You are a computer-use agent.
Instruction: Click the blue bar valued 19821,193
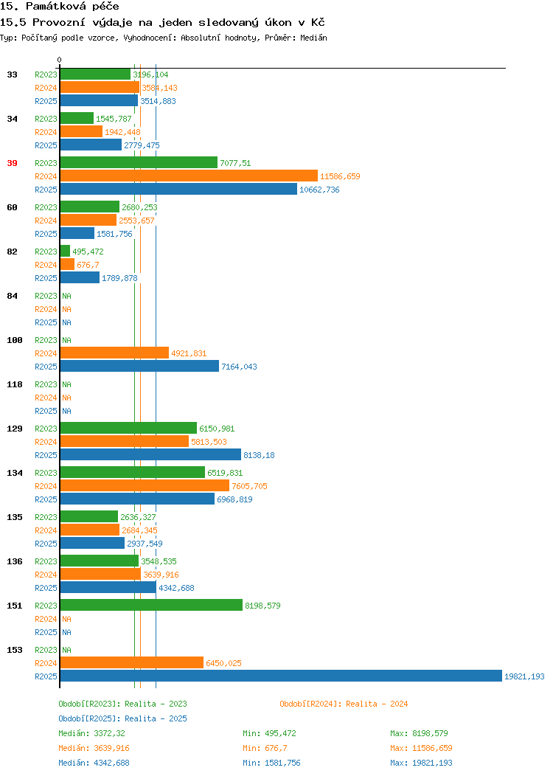281,676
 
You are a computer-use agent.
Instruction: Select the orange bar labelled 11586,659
189,176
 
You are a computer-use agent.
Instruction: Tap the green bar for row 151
151,606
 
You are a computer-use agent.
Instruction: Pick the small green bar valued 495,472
66,252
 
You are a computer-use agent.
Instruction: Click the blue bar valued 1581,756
77,234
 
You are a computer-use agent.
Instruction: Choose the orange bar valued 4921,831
115,353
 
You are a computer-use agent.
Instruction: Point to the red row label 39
12,163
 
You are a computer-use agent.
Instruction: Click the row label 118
14,384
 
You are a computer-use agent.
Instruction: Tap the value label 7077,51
235,163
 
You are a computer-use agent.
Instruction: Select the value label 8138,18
259,455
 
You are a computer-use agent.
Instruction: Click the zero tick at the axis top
60,60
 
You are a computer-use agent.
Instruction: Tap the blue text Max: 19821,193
421,763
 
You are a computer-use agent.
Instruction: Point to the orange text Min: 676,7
265,748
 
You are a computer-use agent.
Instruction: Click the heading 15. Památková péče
60,7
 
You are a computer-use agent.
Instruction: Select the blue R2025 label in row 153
46,676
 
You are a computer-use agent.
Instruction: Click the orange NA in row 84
67,309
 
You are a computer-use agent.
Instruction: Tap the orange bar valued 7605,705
145,485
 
